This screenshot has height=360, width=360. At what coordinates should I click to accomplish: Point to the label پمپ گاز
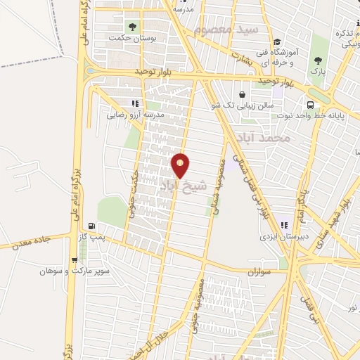click(91, 237)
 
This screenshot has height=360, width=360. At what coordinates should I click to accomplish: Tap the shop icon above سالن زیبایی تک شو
click(243, 95)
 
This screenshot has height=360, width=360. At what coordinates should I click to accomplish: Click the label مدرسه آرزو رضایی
click(135, 114)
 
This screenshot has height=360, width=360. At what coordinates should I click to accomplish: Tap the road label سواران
click(259, 271)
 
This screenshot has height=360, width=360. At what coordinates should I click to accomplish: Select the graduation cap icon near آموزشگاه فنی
click(277, 42)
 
